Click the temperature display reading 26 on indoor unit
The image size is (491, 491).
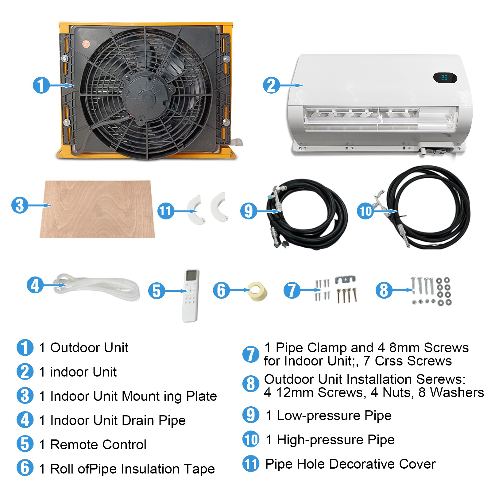tap(444, 78)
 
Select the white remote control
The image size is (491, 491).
tap(191, 296)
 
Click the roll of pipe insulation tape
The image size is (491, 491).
tap(257, 292)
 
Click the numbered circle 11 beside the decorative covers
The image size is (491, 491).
tap(165, 211)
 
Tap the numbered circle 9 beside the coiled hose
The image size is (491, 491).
tap(249, 211)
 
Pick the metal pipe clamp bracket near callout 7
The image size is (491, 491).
tap(345, 279)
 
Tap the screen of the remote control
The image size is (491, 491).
tap(192, 275)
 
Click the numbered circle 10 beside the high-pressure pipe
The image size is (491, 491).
tap(365, 211)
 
